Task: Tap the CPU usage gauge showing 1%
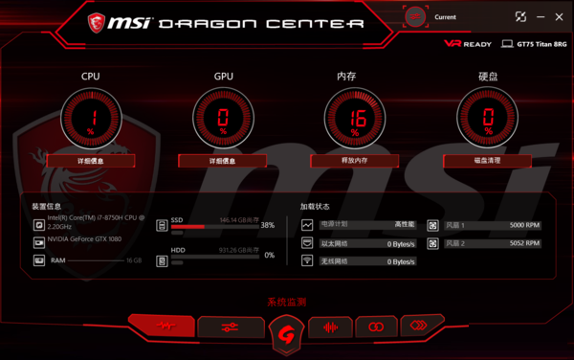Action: (91, 119)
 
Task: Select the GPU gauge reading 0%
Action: (222, 119)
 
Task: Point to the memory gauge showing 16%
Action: (354, 119)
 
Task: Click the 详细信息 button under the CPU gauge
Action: (91, 161)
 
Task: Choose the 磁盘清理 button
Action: (487, 161)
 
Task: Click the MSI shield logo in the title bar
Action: (97, 20)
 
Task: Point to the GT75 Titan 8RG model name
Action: (541, 43)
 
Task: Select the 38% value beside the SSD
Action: (268, 226)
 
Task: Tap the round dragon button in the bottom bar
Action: (286, 332)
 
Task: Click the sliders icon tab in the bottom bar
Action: (229, 327)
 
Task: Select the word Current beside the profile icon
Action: (446, 16)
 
